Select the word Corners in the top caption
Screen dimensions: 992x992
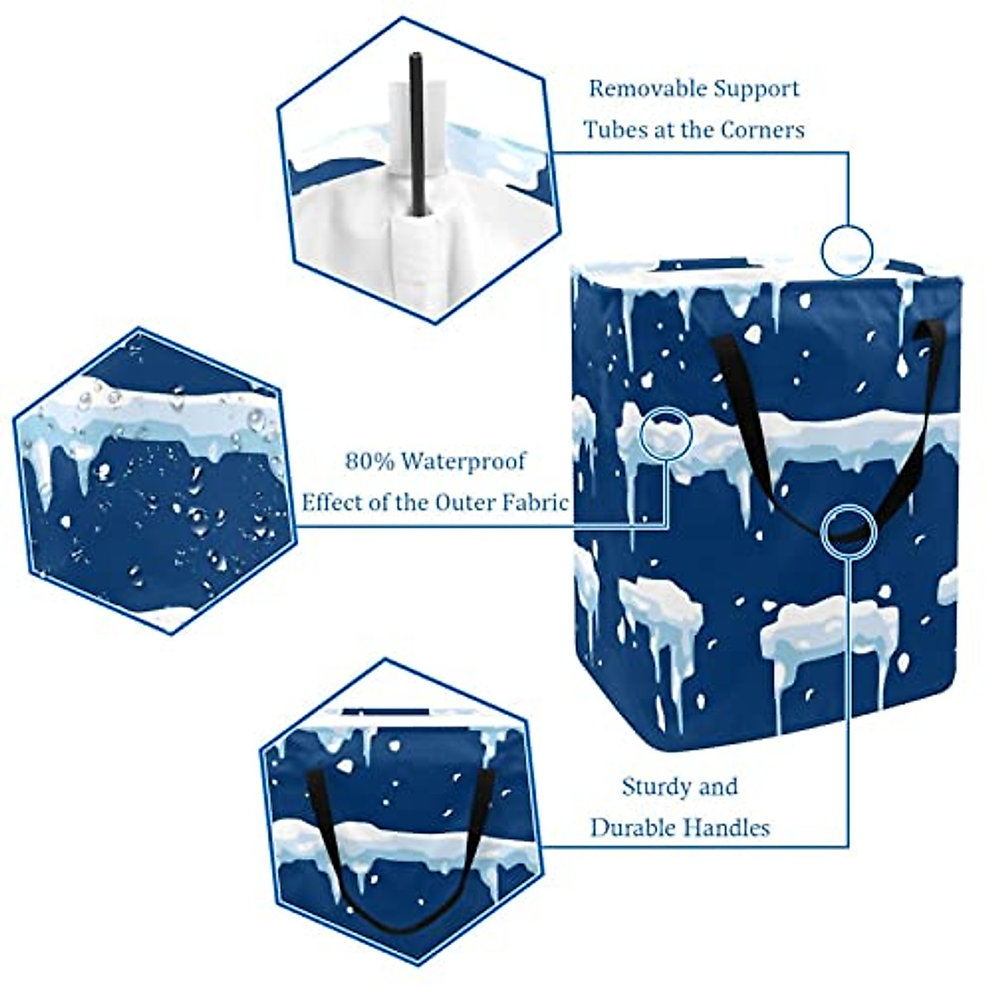coord(762,130)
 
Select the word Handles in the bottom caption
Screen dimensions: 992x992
coord(731,827)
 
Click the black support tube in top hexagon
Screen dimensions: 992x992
coord(416,132)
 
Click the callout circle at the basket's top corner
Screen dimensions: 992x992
coord(847,249)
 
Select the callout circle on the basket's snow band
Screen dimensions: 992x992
coord(666,432)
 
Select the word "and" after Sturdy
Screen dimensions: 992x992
coord(718,786)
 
